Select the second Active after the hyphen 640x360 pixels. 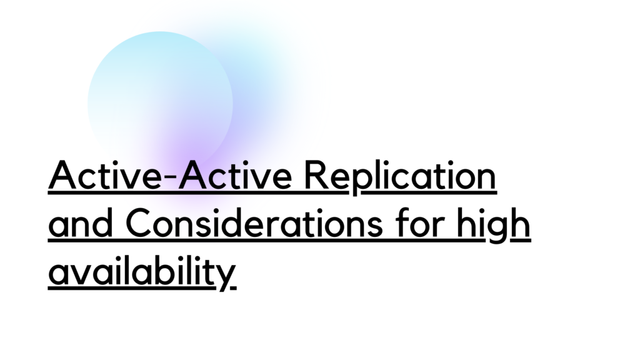coord(235,175)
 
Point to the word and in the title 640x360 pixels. coord(81,222)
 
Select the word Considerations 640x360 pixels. coord(254,222)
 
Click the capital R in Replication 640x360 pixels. coord(316,175)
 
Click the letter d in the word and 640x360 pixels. coord(103,222)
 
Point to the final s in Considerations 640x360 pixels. coord(376,226)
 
